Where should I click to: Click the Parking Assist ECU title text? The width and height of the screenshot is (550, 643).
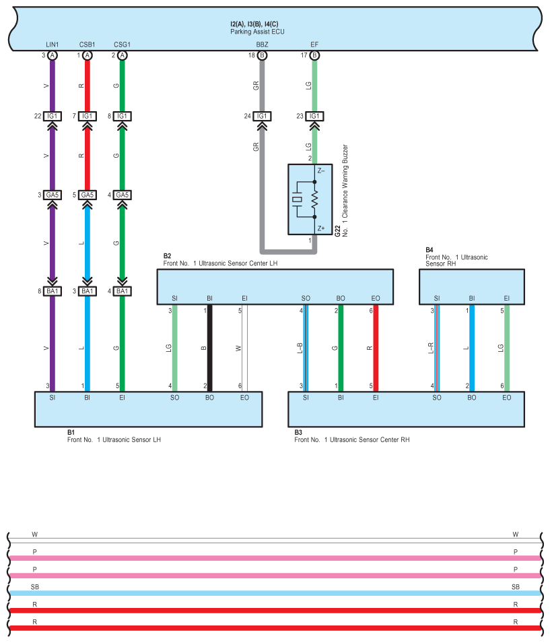click(257, 32)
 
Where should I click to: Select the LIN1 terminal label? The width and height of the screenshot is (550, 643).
click(52, 44)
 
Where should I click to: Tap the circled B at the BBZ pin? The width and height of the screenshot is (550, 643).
click(262, 55)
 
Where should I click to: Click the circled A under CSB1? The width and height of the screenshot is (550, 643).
click(88, 55)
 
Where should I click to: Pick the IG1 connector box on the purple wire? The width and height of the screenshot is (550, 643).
click(53, 117)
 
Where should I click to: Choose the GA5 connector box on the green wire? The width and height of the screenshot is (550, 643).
click(122, 195)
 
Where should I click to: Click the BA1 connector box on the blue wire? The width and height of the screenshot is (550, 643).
click(88, 291)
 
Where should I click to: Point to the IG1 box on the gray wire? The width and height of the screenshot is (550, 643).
click(262, 117)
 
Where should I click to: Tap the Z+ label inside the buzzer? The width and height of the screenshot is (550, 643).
click(321, 228)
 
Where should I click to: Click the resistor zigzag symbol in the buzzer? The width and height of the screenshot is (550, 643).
click(314, 200)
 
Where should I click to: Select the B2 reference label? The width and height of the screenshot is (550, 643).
click(167, 256)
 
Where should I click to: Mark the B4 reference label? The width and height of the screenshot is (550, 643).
click(429, 250)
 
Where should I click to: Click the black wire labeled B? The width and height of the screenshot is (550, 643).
click(209, 348)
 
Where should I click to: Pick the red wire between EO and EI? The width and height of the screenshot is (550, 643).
click(376, 348)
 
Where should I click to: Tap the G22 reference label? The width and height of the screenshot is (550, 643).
click(337, 231)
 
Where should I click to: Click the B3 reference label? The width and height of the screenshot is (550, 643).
click(298, 432)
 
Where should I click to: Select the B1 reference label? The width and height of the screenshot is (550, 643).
click(71, 432)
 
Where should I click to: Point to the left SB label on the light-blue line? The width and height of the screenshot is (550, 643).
click(35, 587)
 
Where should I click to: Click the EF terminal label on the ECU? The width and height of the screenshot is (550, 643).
click(314, 44)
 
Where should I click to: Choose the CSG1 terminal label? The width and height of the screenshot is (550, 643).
click(122, 44)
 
